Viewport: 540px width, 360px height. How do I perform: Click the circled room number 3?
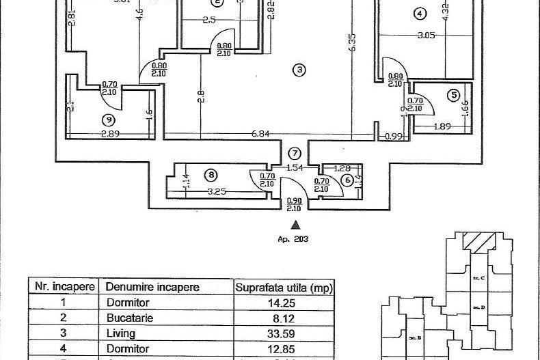(x=298, y=69)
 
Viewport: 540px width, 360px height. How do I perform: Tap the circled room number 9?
(x=107, y=120)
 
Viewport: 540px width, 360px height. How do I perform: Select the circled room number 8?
(x=211, y=176)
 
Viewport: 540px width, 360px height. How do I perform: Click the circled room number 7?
(x=295, y=153)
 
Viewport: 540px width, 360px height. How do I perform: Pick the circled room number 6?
(x=347, y=180)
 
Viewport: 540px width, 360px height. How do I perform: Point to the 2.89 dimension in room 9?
(x=110, y=134)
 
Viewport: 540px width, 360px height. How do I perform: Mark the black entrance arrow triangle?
(x=295, y=223)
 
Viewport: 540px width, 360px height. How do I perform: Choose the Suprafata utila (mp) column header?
(x=283, y=288)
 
